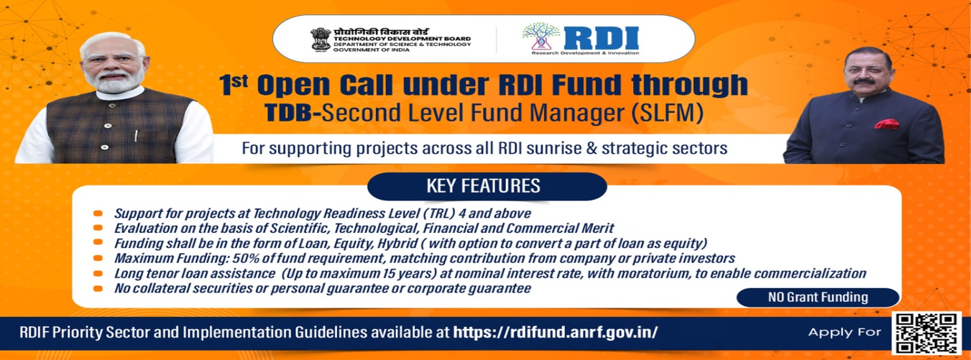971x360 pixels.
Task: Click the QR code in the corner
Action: click(x=926, y=332)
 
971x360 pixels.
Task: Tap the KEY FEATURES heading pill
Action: click(x=483, y=186)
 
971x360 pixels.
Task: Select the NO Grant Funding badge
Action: click(x=818, y=297)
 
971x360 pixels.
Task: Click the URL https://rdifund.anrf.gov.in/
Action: click(x=556, y=333)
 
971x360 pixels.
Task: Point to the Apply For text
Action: click(x=845, y=332)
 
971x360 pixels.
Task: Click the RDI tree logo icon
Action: click(x=541, y=39)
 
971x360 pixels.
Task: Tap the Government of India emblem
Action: click(x=320, y=40)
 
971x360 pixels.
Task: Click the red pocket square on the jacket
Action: click(x=886, y=124)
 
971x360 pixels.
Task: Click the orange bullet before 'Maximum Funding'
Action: click(x=98, y=259)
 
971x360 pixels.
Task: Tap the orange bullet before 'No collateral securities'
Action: click(x=98, y=289)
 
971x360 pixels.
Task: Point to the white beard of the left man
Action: click(x=116, y=84)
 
